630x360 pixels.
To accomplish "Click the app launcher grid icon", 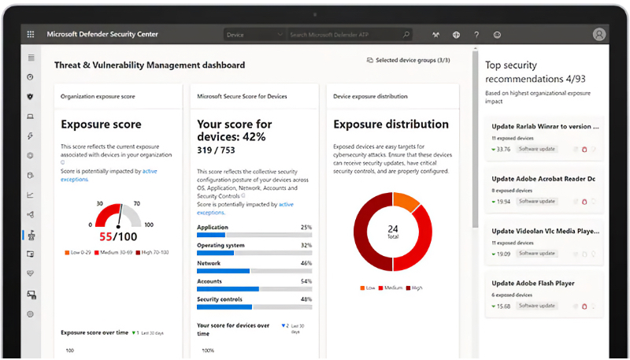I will point(31,35).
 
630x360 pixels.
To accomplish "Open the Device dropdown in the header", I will point(253,35).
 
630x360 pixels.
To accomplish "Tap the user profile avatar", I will point(599,35).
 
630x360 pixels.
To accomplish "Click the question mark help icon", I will point(476,35).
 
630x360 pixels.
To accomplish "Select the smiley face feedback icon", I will point(497,35).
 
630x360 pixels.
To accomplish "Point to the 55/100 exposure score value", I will point(117,236).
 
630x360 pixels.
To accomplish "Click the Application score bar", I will point(254,236).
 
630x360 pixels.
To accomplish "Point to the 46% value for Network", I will point(306,263).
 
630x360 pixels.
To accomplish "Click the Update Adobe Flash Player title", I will point(533,283).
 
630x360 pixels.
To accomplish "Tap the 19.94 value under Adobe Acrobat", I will point(503,201).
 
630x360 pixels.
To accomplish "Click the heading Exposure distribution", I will point(391,124).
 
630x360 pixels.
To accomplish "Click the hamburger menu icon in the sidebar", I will point(31,58).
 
